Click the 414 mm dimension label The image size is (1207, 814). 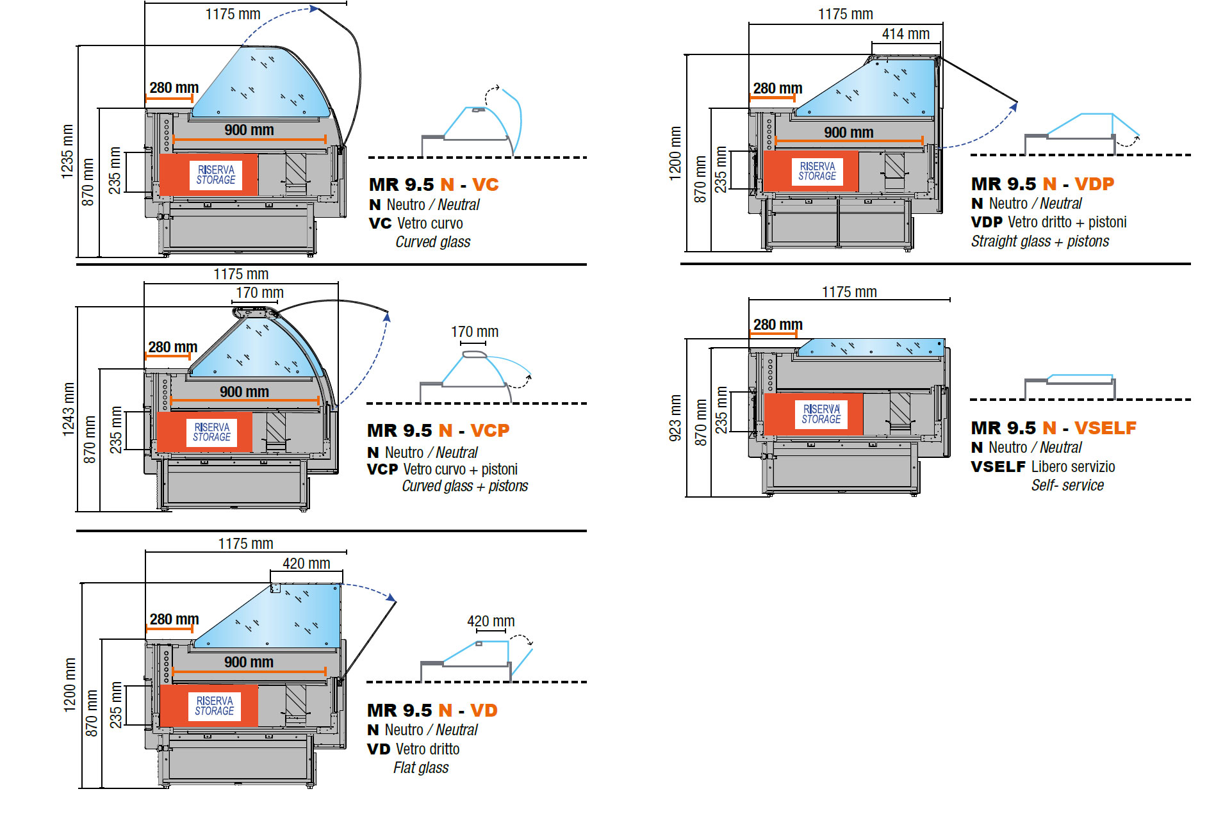905,34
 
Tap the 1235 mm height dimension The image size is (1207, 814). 67,152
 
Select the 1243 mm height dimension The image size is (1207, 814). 69,410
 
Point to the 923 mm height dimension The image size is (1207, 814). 675,418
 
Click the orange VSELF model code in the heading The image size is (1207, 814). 1105,428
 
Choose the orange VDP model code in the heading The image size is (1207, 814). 1094,184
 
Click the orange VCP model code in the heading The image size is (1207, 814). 490,430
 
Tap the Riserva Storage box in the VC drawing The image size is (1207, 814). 209,174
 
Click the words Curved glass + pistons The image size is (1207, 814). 465,486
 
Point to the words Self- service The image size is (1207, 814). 1067,485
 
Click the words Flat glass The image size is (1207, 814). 421,767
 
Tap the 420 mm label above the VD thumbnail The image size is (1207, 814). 491,621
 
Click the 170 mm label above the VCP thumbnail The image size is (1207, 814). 475,332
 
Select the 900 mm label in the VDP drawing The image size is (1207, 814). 848,133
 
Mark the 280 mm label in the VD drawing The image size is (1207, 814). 174,619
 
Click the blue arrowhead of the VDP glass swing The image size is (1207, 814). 1014,107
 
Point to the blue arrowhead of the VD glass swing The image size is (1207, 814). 391,598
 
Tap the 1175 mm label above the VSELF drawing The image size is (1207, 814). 849,292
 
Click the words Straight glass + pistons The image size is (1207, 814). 1040,241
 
